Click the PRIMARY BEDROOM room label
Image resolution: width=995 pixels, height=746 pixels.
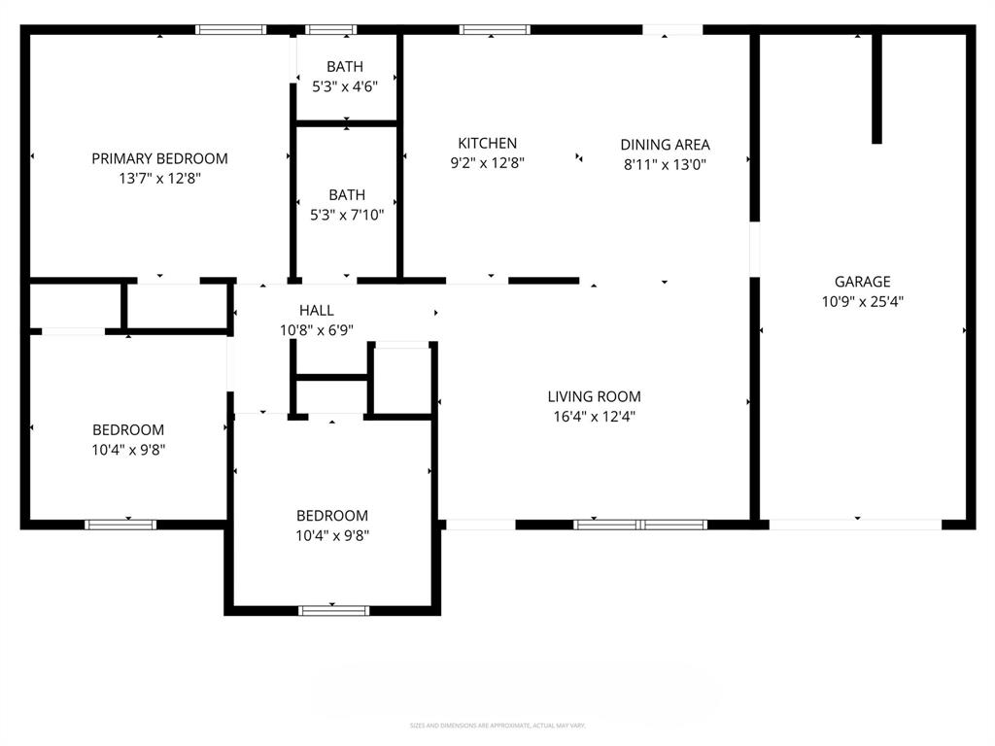click(x=159, y=158)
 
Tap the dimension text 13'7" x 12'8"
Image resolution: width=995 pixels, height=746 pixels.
click(x=159, y=179)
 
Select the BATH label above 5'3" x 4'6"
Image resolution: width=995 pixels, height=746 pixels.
click(x=345, y=67)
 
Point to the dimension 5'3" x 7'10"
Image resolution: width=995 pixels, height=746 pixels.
click(x=347, y=216)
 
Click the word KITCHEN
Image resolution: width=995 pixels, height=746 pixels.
click(x=488, y=144)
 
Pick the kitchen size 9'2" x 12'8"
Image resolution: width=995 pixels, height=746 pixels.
click(x=488, y=164)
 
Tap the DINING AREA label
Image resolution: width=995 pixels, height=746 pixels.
click(x=665, y=145)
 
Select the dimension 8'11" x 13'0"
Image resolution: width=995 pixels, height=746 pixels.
click(x=665, y=165)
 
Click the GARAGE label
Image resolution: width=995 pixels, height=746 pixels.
click(x=863, y=282)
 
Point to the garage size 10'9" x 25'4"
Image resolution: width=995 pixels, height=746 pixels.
click(x=863, y=302)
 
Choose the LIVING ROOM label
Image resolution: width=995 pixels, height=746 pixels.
click(x=594, y=396)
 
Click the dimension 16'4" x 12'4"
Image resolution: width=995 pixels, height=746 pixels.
click(x=594, y=417)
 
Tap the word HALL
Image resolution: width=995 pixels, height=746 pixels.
click(x=317, y=310)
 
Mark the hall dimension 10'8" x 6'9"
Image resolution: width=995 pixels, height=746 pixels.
click(x=317, y=330)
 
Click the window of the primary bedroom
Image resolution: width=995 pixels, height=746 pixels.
click(x=230, y=29)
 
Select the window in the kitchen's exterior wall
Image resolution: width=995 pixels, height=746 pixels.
click(x=495, y=29)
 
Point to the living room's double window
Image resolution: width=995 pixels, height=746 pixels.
click(x=640, y=525)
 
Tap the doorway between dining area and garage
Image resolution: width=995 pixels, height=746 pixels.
click(x=754, y=251)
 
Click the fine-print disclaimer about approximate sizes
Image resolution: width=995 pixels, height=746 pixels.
click(x=497, y=726)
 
